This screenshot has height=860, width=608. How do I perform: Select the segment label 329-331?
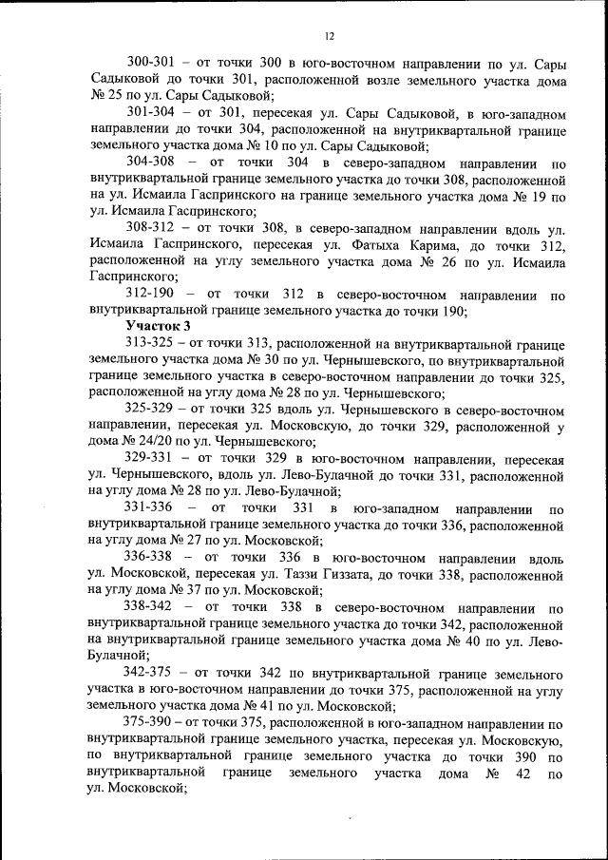point(153,459)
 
